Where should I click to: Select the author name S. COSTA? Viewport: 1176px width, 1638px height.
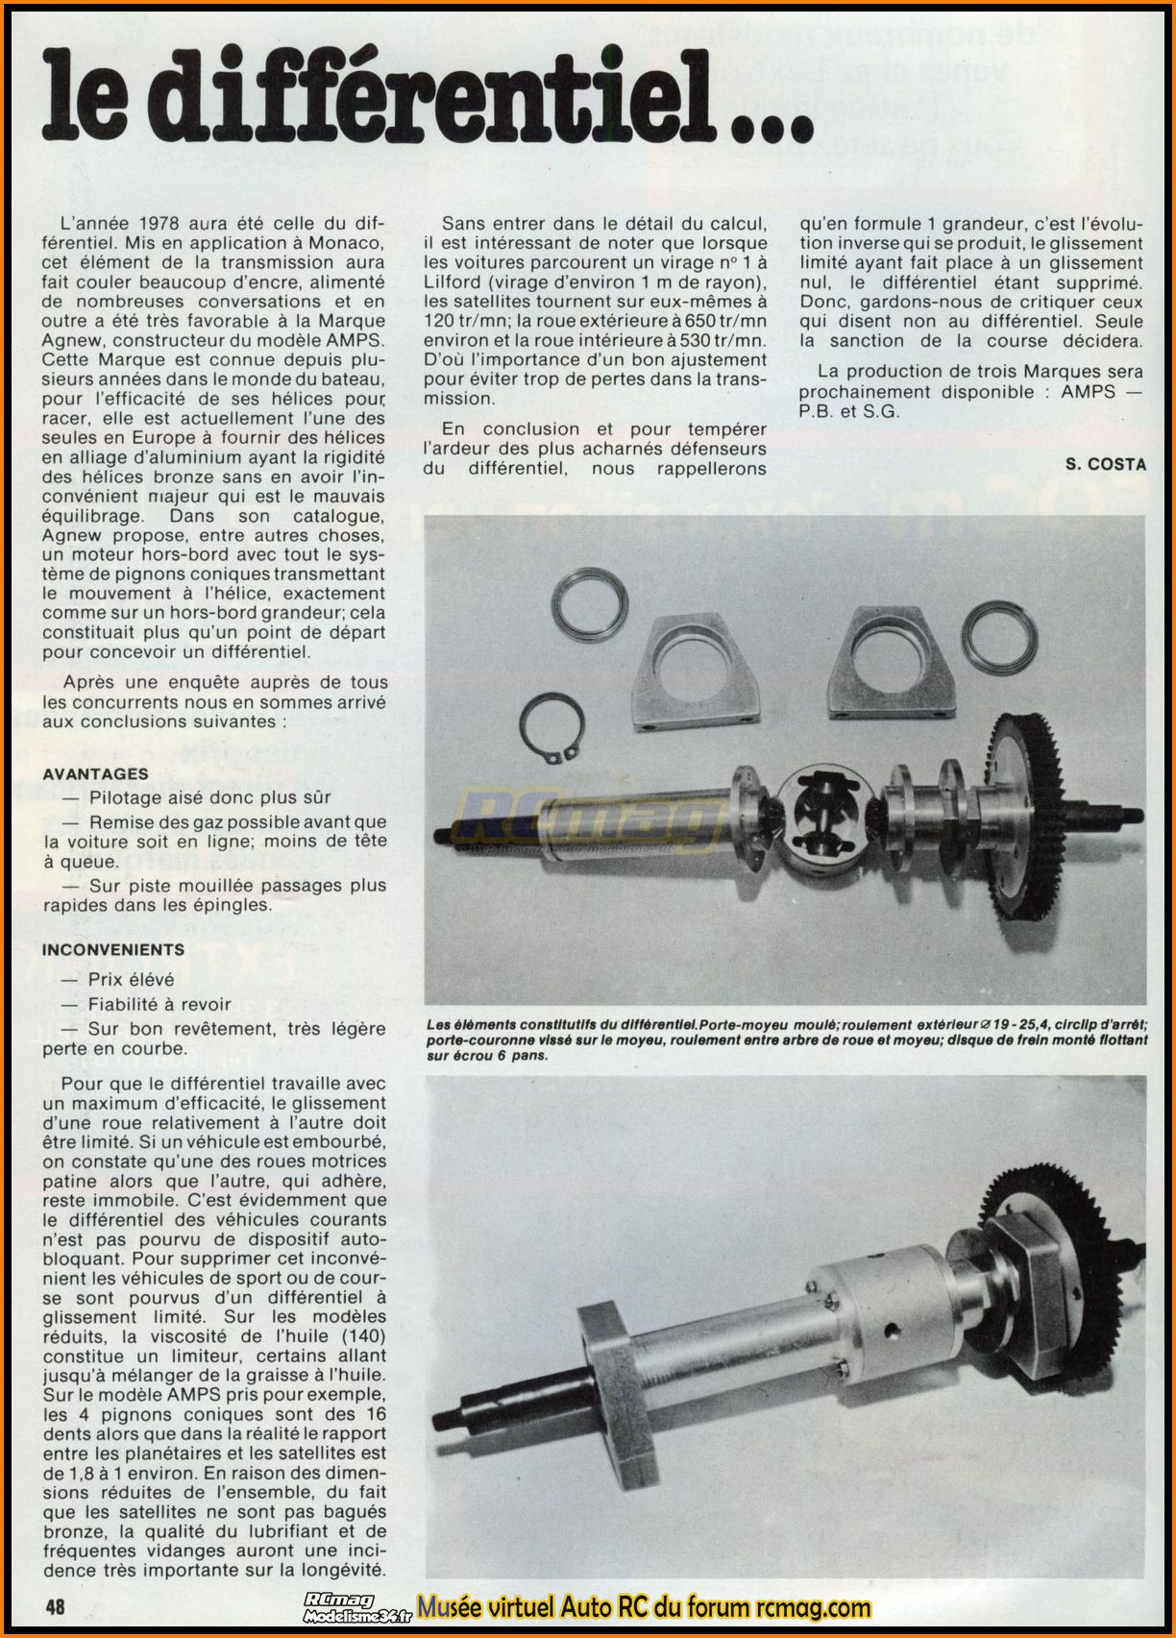1105,464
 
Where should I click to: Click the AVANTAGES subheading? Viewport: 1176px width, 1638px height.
96,773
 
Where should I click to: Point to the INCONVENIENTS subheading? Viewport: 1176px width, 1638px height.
113,949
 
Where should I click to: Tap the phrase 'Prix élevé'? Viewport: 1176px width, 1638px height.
132,979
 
